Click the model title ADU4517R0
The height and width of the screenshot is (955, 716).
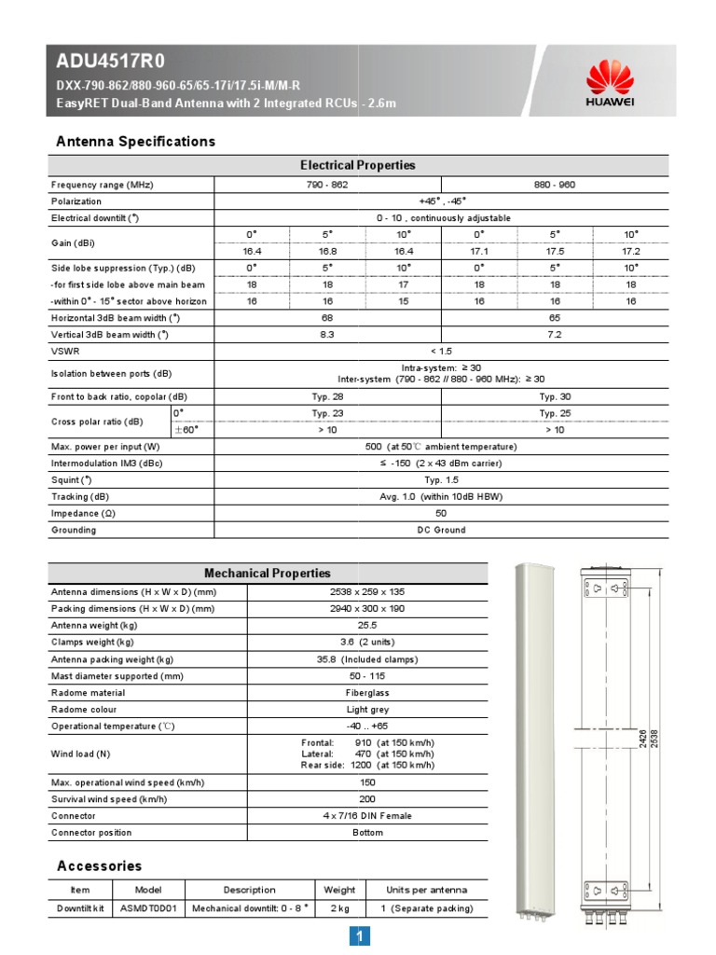point(111,62)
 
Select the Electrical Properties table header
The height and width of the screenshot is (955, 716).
point(358,165)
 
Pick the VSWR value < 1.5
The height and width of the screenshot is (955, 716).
point(441,351)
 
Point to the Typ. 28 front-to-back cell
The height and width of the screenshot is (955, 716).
point(327,396)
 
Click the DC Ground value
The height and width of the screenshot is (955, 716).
point(441,530)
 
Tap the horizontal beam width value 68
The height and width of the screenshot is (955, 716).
point(327,318)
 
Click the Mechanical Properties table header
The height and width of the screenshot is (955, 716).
point(267,573)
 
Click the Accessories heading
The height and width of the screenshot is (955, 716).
point(100,865)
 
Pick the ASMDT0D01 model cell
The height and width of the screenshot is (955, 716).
point(148,908)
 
